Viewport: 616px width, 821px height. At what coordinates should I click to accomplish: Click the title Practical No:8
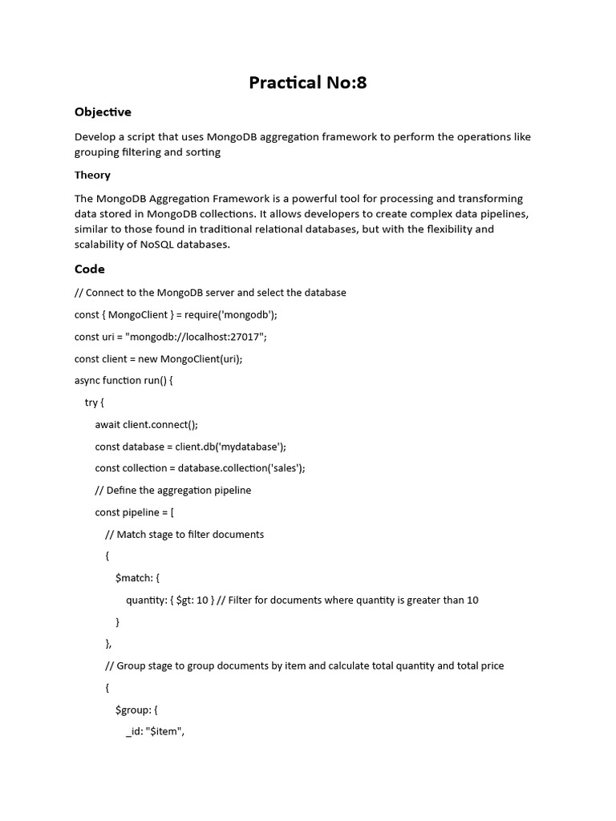[307, 83]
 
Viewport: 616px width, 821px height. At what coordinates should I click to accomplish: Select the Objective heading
[103, 112]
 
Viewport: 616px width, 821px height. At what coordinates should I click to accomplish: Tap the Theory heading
[92, 175]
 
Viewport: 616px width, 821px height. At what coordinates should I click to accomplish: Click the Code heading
[90, 269]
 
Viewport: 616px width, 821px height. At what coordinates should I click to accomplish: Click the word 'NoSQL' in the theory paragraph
[160, 245]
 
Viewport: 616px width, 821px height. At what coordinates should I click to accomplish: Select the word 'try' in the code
[91, 402]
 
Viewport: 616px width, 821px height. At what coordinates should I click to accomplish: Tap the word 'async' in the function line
[87, 381]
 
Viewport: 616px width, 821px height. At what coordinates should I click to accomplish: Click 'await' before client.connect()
[108, 425]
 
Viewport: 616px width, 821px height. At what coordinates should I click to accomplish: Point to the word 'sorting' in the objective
[203, 152]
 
